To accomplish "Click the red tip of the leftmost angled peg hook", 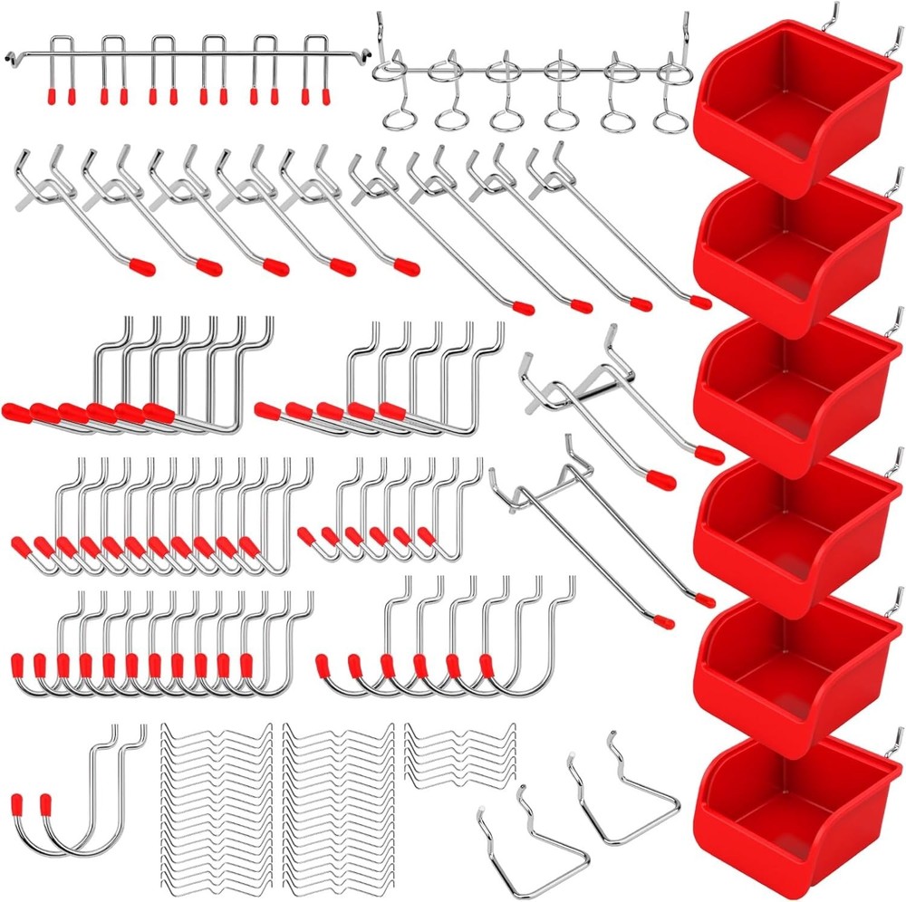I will point(141,266).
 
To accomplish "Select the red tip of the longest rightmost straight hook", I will point(699,301).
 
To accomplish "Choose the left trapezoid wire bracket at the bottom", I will point(525,829).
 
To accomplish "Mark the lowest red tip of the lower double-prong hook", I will point(664,623).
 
